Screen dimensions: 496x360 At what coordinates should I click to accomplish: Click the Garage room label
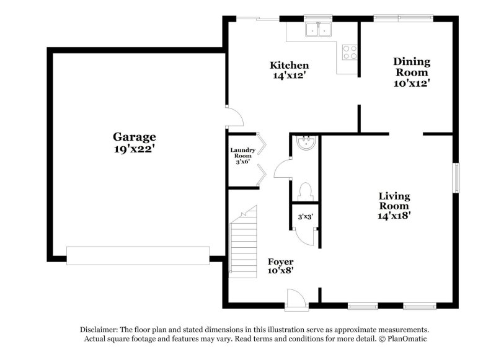135,137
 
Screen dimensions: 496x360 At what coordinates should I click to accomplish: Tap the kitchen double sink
318,30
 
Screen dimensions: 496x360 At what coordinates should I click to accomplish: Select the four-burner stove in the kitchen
350,52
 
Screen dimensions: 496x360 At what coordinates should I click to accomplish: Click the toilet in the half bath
305,192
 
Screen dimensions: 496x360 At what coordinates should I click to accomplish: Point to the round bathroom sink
306,143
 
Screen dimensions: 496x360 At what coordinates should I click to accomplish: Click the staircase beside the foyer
243,242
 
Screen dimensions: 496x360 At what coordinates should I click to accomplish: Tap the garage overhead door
138,256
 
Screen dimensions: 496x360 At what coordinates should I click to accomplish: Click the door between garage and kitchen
234,117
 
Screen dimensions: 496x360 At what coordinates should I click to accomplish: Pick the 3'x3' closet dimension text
305,217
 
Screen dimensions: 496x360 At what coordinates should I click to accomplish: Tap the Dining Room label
412,67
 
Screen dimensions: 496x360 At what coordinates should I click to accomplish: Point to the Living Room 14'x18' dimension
394,216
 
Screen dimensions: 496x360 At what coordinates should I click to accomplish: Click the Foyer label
281,261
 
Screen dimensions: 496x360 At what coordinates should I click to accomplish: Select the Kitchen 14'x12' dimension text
289,76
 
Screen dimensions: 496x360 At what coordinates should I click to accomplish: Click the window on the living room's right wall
456,178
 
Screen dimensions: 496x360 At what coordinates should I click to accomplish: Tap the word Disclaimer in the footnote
99,330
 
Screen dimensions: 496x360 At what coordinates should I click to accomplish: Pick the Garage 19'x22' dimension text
134,149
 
